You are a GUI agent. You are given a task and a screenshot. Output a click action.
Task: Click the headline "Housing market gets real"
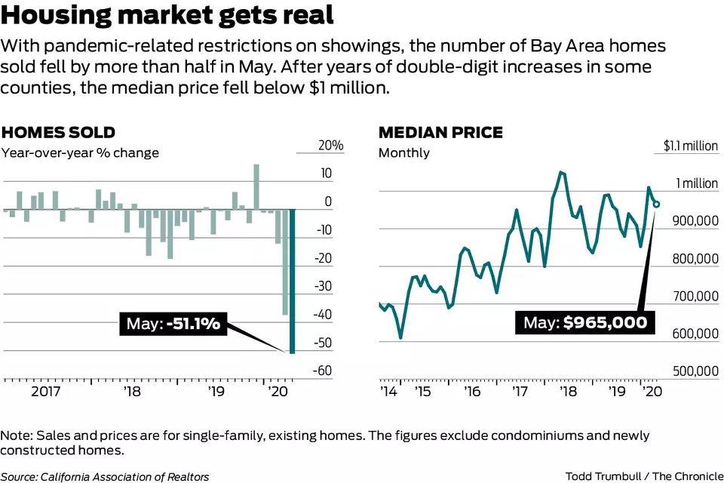point(167,16)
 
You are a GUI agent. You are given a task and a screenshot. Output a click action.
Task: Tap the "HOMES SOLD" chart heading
point(58,133)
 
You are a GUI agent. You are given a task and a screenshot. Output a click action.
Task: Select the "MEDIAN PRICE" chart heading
point(440,133)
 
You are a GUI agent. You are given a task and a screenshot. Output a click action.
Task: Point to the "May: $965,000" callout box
point(585,322)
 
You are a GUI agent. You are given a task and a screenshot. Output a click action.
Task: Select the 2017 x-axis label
point(45,392)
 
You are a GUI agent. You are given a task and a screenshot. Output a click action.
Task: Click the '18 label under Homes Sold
point(132,392)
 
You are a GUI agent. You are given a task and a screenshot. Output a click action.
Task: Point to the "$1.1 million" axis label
point(690,146)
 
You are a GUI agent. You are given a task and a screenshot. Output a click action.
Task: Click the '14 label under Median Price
point(388,392)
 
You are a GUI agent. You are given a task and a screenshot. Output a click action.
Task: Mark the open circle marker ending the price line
point(656,204)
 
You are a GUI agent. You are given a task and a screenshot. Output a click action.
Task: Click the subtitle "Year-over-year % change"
point(80,152)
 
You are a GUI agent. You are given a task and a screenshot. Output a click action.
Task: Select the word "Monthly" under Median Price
point(403,152)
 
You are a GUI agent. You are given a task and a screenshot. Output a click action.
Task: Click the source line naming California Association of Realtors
point(105,476)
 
